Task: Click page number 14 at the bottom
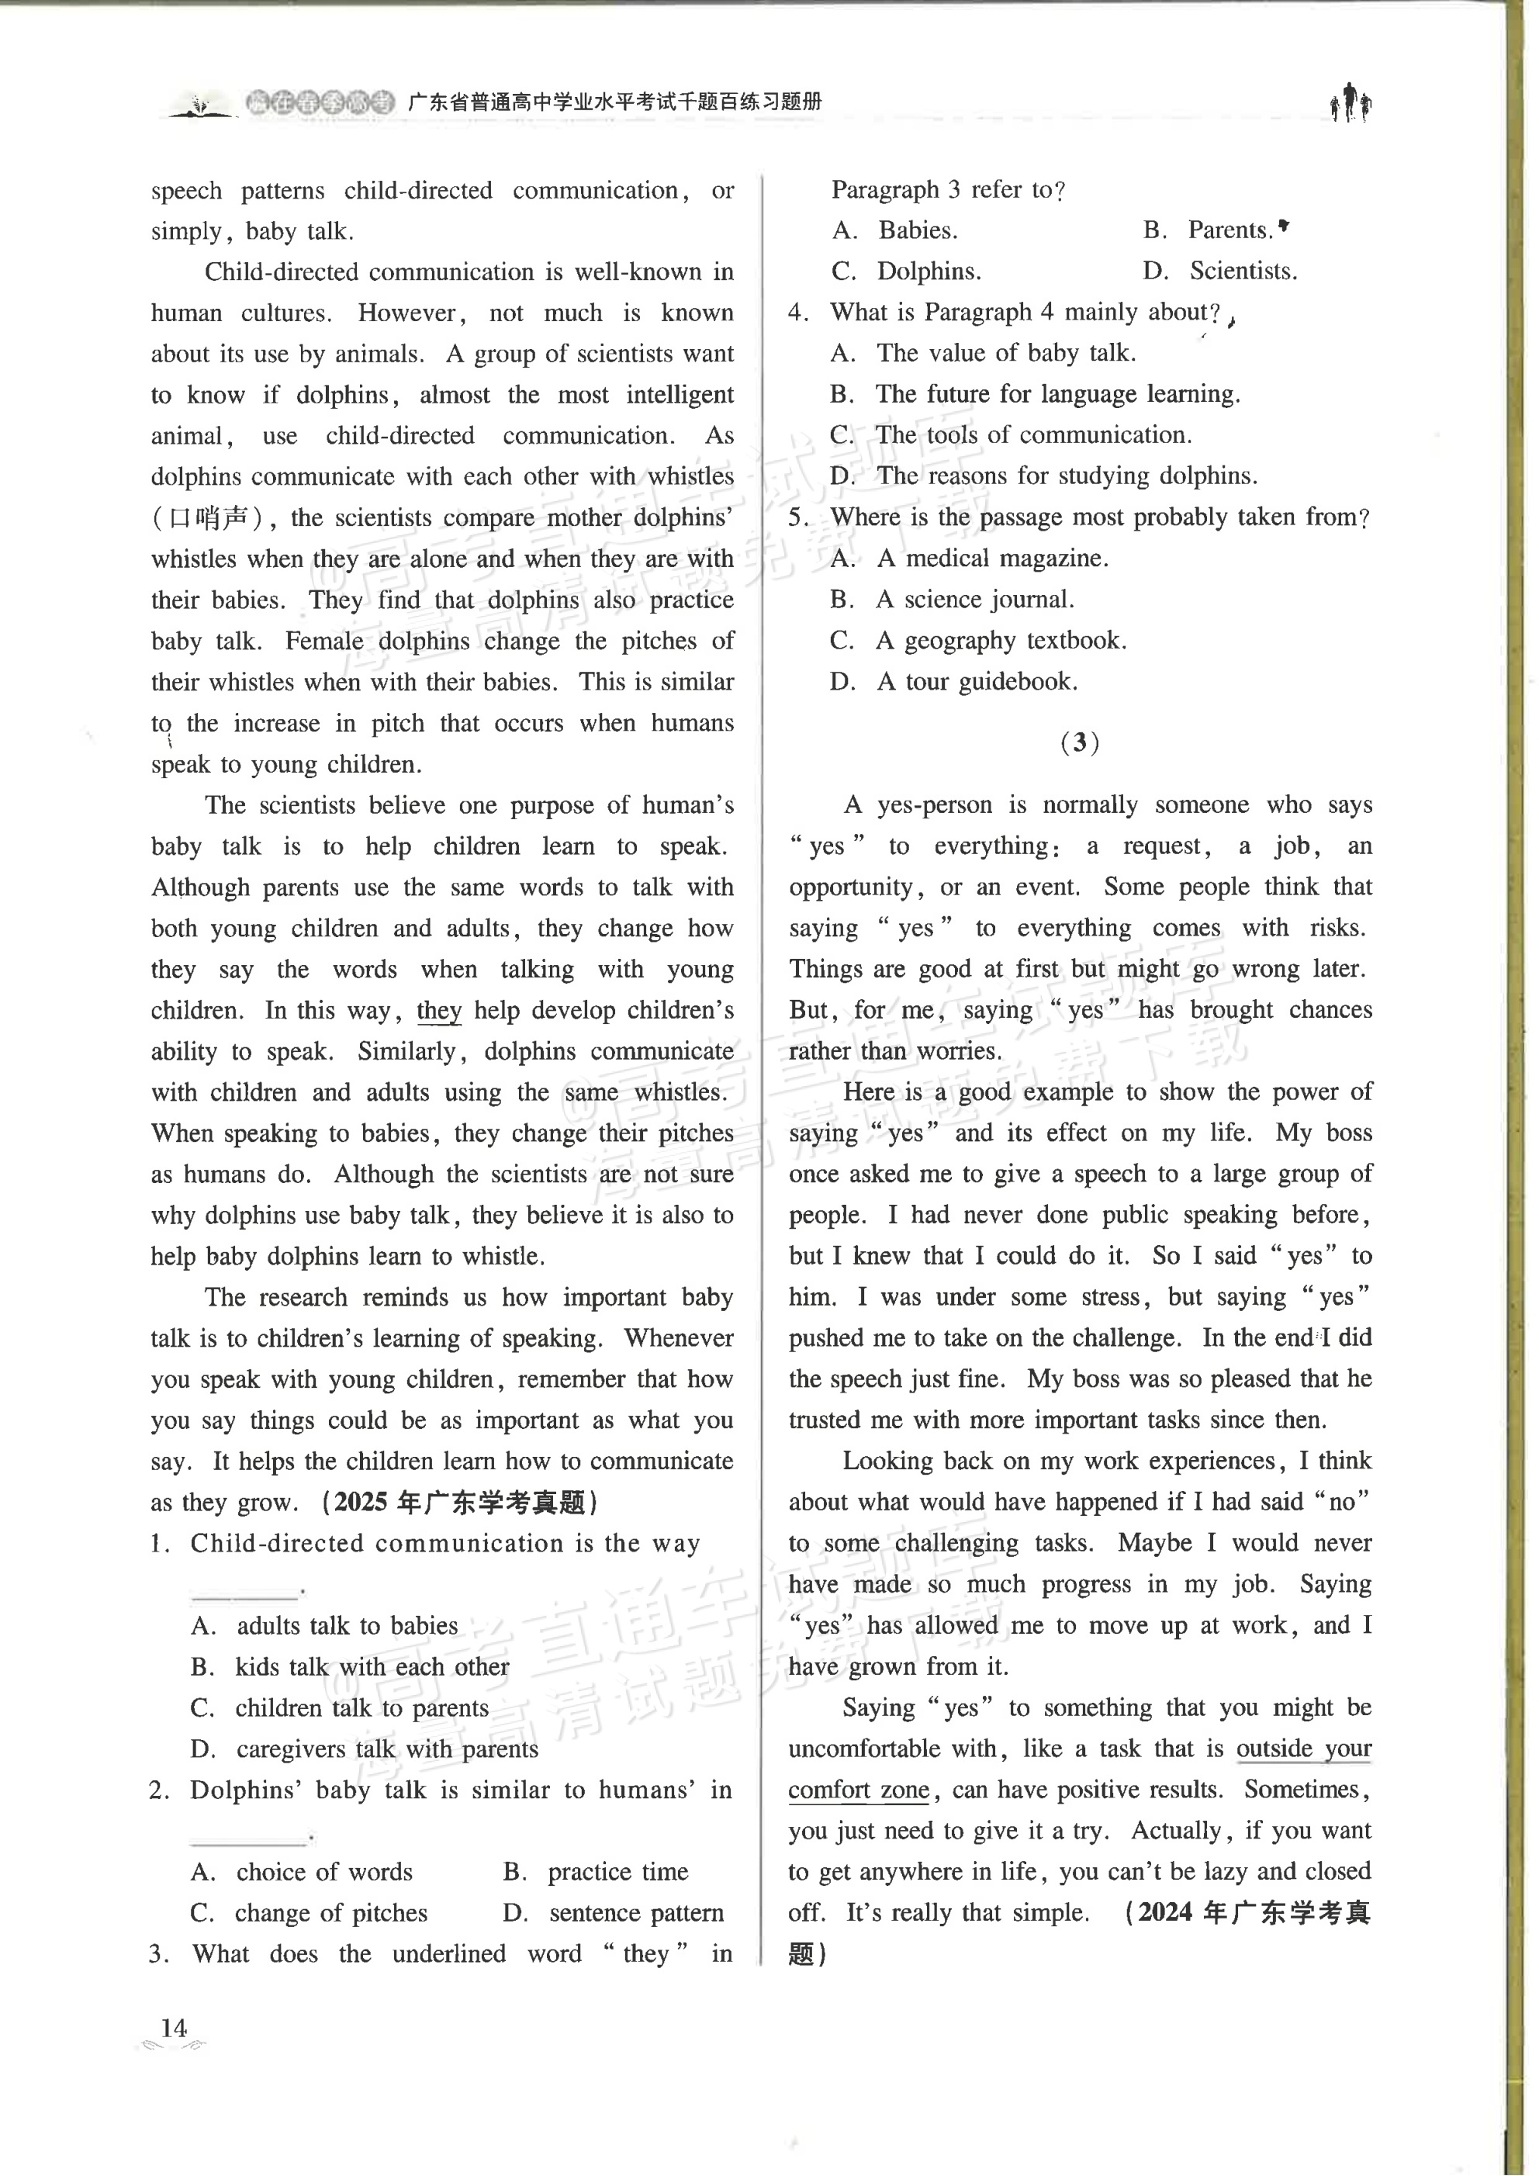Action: coord(175,2028)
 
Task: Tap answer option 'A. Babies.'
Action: coord(894,230)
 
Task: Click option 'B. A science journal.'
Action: coord(952,599)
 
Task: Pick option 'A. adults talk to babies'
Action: coord(324,1625)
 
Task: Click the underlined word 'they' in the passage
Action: coord(439,1010)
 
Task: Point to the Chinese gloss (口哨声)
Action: coord(213,518)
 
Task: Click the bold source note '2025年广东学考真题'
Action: coord(460,1502)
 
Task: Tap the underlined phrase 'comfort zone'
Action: coord(859,1790)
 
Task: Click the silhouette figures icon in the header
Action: coord(1351,102)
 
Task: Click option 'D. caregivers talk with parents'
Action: coord(364,1749)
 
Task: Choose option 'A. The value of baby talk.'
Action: coord(983,354)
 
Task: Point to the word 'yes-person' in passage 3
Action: coord(935,805)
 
